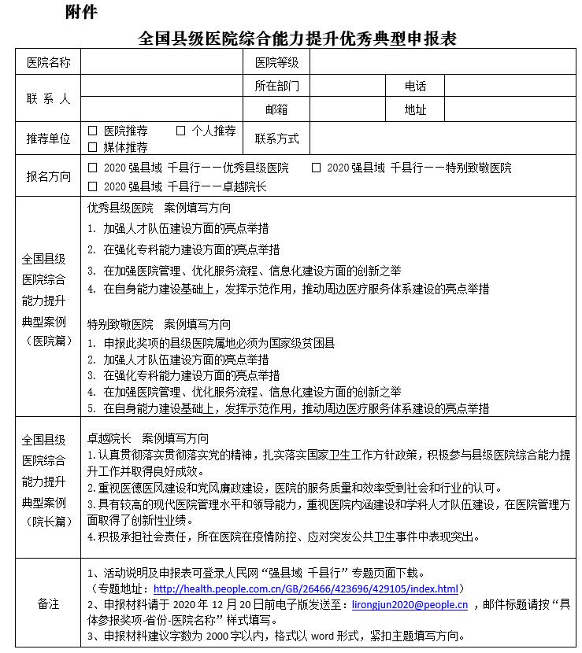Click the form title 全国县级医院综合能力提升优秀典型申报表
click(297, 38)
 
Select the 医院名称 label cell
click(48, 63)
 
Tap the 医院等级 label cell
click(276, 63)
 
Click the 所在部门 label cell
click(276, 86)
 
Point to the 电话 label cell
click(415, 86)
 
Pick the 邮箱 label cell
click(276, 109)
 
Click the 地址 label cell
click(415, 109)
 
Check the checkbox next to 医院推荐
click(93, 131)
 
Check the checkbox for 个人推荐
click(180, 131)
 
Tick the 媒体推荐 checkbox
click(93, 146)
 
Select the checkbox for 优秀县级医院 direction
click(93, 168)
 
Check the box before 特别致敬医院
click(316, 168)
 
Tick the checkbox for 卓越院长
click(93, 186)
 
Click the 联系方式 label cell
click(276, 138)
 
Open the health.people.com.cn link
click(306, 588)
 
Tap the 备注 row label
click(48, 604)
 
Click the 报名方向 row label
click(48, 177)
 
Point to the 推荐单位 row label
click(48, 138)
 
